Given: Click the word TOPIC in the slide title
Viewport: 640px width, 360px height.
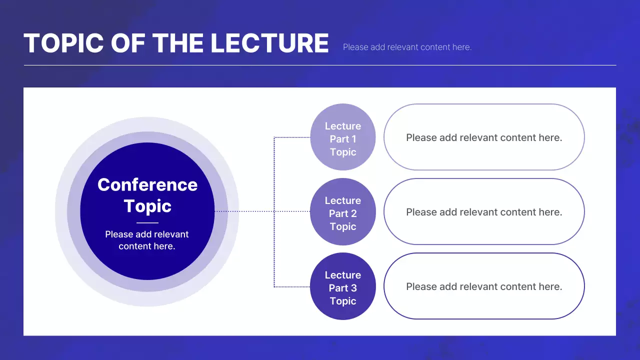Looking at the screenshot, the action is coord(63,43).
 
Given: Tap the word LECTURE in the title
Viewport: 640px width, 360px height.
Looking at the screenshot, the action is coord(269,43).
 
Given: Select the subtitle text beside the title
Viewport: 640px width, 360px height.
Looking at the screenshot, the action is coord(407,47).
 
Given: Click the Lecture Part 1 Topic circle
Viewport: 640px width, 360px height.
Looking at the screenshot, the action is coord(343,137).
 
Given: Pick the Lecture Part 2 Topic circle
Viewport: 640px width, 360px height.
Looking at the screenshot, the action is coord(343,211).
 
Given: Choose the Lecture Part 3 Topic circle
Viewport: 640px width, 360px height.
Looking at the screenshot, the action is coord(343,286).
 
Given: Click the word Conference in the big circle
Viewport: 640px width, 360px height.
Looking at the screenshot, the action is coord(147,184).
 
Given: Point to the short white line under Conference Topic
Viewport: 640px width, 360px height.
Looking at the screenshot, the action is coord(147,222).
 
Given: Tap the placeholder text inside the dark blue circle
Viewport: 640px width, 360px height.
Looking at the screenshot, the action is coord(147,240).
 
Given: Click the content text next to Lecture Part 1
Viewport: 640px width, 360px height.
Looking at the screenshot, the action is coord(484,137).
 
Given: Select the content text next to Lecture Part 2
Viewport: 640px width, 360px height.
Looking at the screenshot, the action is coord(484,212).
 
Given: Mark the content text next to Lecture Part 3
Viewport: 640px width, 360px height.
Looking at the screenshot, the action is coord(484,286).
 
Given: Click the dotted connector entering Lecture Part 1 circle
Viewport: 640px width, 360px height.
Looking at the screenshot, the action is coord(292,137).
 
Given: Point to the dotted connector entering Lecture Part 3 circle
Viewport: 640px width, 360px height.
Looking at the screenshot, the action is coord(292,286).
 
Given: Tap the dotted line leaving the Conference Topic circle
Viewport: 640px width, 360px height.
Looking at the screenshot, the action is coord(244,211).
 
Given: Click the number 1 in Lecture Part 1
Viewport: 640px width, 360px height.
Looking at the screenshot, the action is coord(353,139).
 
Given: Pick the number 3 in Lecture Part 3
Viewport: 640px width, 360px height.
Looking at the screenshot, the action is coord(353,288).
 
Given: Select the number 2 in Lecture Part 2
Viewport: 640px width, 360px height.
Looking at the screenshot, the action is coord(353,213).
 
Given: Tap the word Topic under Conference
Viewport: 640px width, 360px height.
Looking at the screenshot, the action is coord(147,206).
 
